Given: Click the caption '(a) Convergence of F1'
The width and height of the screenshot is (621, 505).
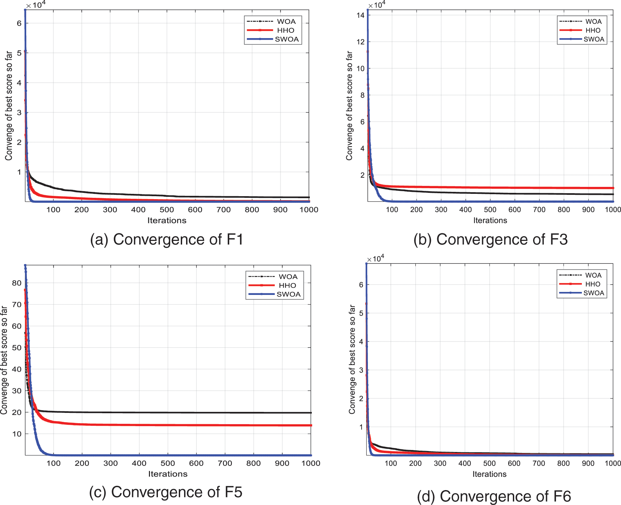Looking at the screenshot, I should click(x=167, y=239).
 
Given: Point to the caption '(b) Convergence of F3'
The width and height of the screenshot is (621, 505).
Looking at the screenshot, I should click(x=490, y=239).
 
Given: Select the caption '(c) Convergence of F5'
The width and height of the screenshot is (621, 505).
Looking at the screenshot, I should click(x=166, y=492).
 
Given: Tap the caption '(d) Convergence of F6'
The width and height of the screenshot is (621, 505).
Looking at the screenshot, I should click(x=494, y=496).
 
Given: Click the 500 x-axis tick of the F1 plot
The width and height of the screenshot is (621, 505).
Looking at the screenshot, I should click(x=167, y=210).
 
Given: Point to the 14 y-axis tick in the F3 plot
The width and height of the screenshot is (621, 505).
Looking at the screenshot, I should click(x=361, y=15).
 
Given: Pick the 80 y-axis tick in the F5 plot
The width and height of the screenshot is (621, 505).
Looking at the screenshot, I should click(x=17, y=283).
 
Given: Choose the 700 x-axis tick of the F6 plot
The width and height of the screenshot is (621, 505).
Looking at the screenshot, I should click(x=539, y=463).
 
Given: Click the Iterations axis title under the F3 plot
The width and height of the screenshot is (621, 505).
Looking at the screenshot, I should click(x=490, y=220).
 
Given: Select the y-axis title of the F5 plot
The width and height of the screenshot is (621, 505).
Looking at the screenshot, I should click(x=4, y=360).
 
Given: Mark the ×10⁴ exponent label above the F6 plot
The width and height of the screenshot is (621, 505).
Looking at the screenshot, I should click(x=375, y=258).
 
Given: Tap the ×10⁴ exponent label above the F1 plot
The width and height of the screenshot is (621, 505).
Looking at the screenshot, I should click(x=35, y=5).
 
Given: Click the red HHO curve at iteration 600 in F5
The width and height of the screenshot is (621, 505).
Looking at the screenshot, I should click(x=196, y=425).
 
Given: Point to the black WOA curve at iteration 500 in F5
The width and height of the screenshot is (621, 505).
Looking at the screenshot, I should click(x=168, y=413).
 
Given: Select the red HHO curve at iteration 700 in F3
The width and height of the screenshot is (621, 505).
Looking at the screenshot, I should click(x=539, y=188).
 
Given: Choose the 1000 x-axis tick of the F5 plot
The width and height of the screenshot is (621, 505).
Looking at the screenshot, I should click(x=310, y=463).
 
